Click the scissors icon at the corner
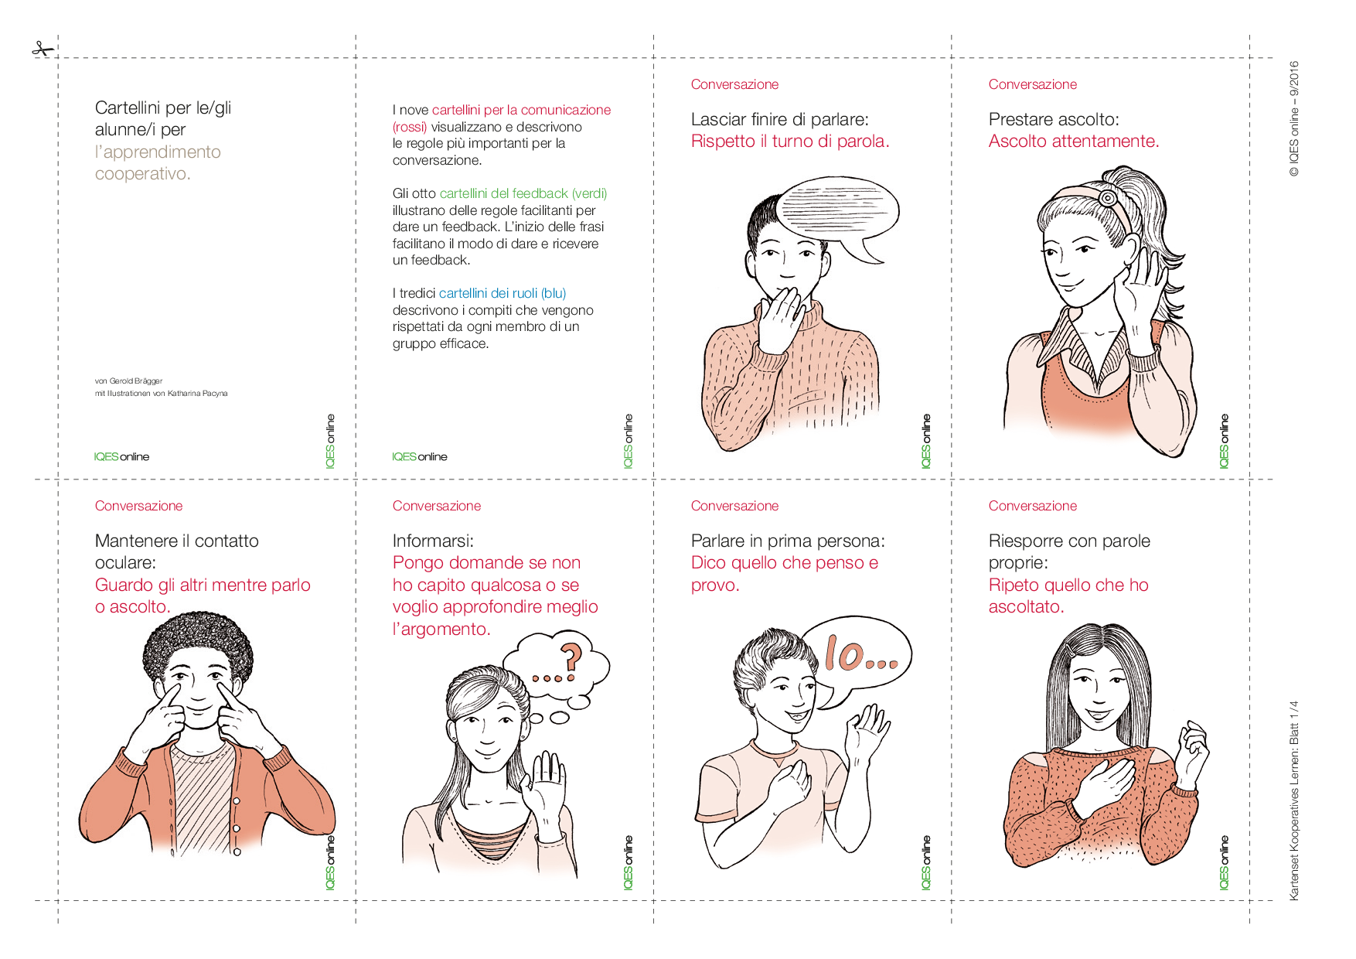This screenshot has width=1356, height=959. click(x=43, y=49)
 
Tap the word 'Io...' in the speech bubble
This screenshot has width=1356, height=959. click(x=860, y=654)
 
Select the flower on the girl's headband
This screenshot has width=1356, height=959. click(x=1108, y=198)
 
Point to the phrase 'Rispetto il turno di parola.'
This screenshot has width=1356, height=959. click(x=790, y=142)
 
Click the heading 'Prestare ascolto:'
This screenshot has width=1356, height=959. click(x=1054, y=119)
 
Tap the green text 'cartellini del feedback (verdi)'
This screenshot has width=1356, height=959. click(x=523, y=193)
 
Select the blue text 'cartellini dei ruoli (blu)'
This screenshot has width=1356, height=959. click(x=503, y=293)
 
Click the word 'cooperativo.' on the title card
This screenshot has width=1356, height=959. click(x=143, y=174)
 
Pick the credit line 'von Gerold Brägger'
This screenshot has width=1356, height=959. click(x=128, y=381)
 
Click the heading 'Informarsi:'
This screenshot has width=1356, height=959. click(x=433, y=541)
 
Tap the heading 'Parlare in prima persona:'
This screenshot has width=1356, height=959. click(x=788, y=541)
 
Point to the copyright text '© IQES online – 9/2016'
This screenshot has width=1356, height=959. click(x=1294, y=119)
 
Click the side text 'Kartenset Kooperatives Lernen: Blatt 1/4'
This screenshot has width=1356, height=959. click(x=1294, y=800)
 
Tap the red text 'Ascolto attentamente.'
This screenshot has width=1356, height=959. click(x=1074, y=142)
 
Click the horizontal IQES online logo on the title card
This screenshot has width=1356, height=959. click(x=121, y=457)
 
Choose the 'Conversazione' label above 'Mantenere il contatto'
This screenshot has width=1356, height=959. click(x=139, y=506)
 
